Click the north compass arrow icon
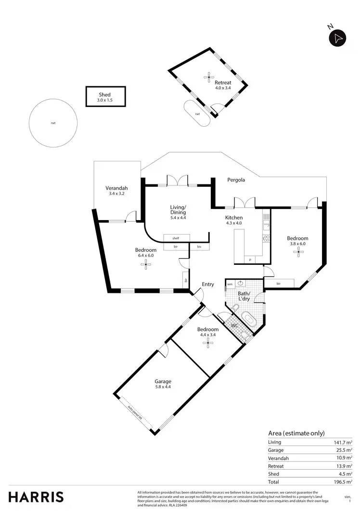point(338,38)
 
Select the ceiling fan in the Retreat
point(209,76)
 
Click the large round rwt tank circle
point(53,123)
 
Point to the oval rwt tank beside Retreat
point(197,114)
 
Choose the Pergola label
point(236,180)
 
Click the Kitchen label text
point(234,218)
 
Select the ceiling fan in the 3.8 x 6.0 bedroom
point(297,250)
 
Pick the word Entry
point(208,284)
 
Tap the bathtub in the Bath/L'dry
point(249,318)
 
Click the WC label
point(235,326)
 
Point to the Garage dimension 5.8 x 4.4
point(163,387)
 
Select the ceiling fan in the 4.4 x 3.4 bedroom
point(208,342)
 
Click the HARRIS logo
point(36,497)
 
